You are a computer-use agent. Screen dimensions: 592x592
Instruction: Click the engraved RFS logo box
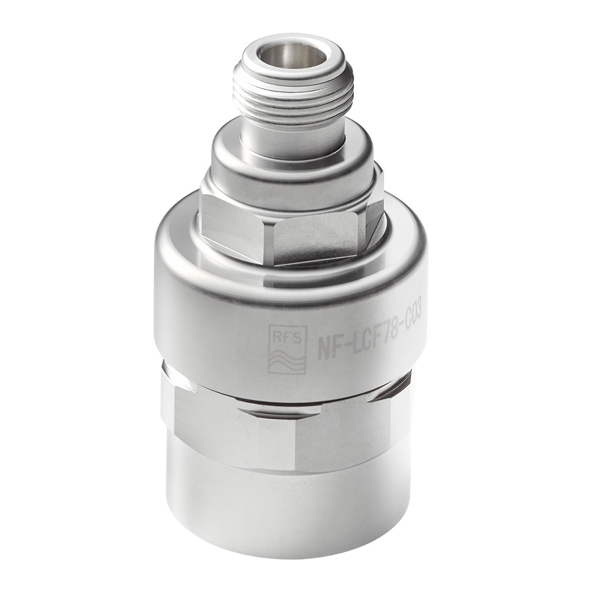tap(287, 349)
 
